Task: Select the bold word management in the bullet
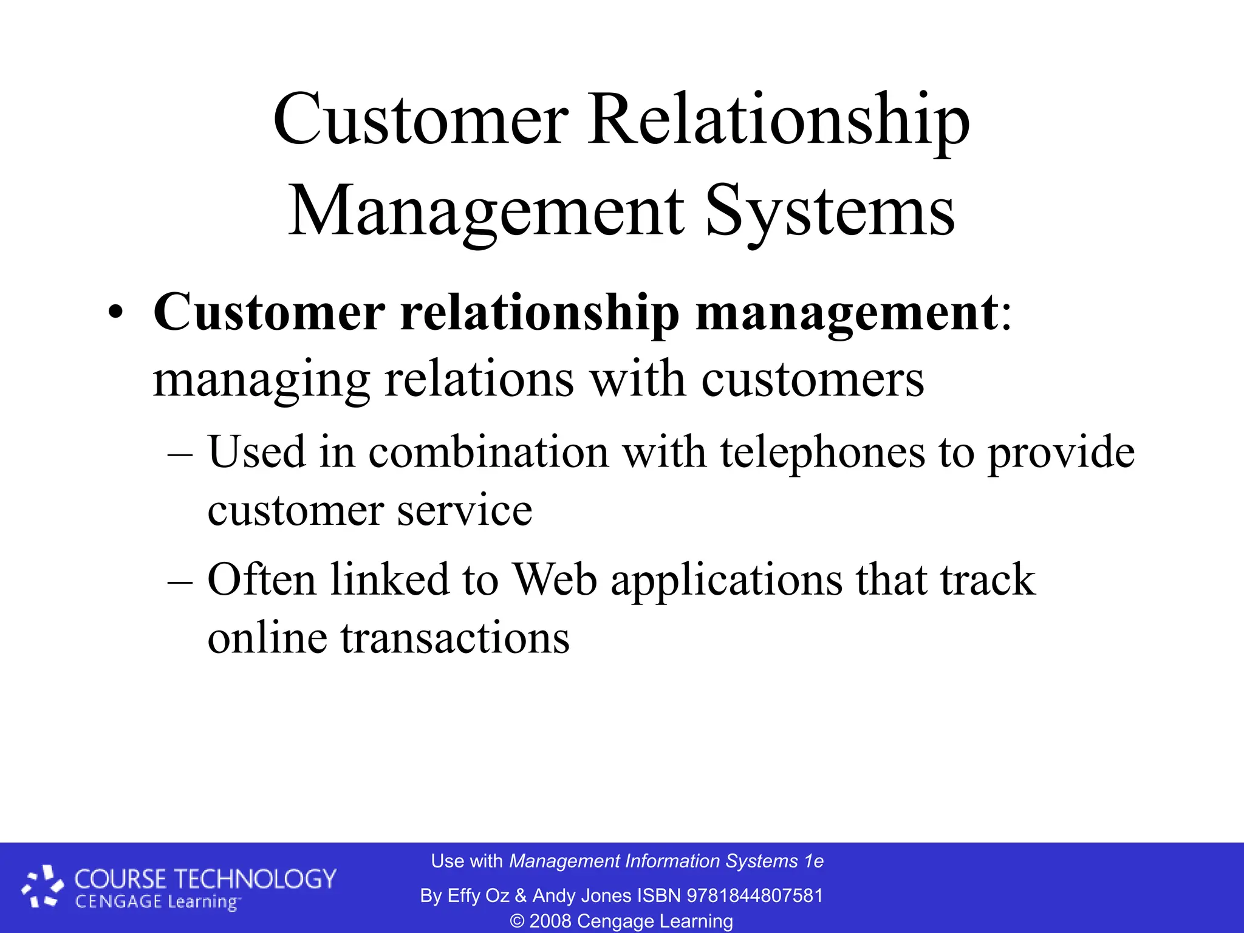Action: (x=846, y=314)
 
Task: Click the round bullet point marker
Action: (x=115, y=314)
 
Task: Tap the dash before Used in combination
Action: (x=180, y=454)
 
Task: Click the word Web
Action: (x=555, y=579)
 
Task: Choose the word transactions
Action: (x=455, y=638)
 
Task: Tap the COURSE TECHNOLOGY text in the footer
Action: (x=205, y=879)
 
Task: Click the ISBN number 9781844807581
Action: (x=754, y=895)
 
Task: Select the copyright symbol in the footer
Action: (x=517, y=921)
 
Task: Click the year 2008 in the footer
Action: (x=550, y=921)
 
